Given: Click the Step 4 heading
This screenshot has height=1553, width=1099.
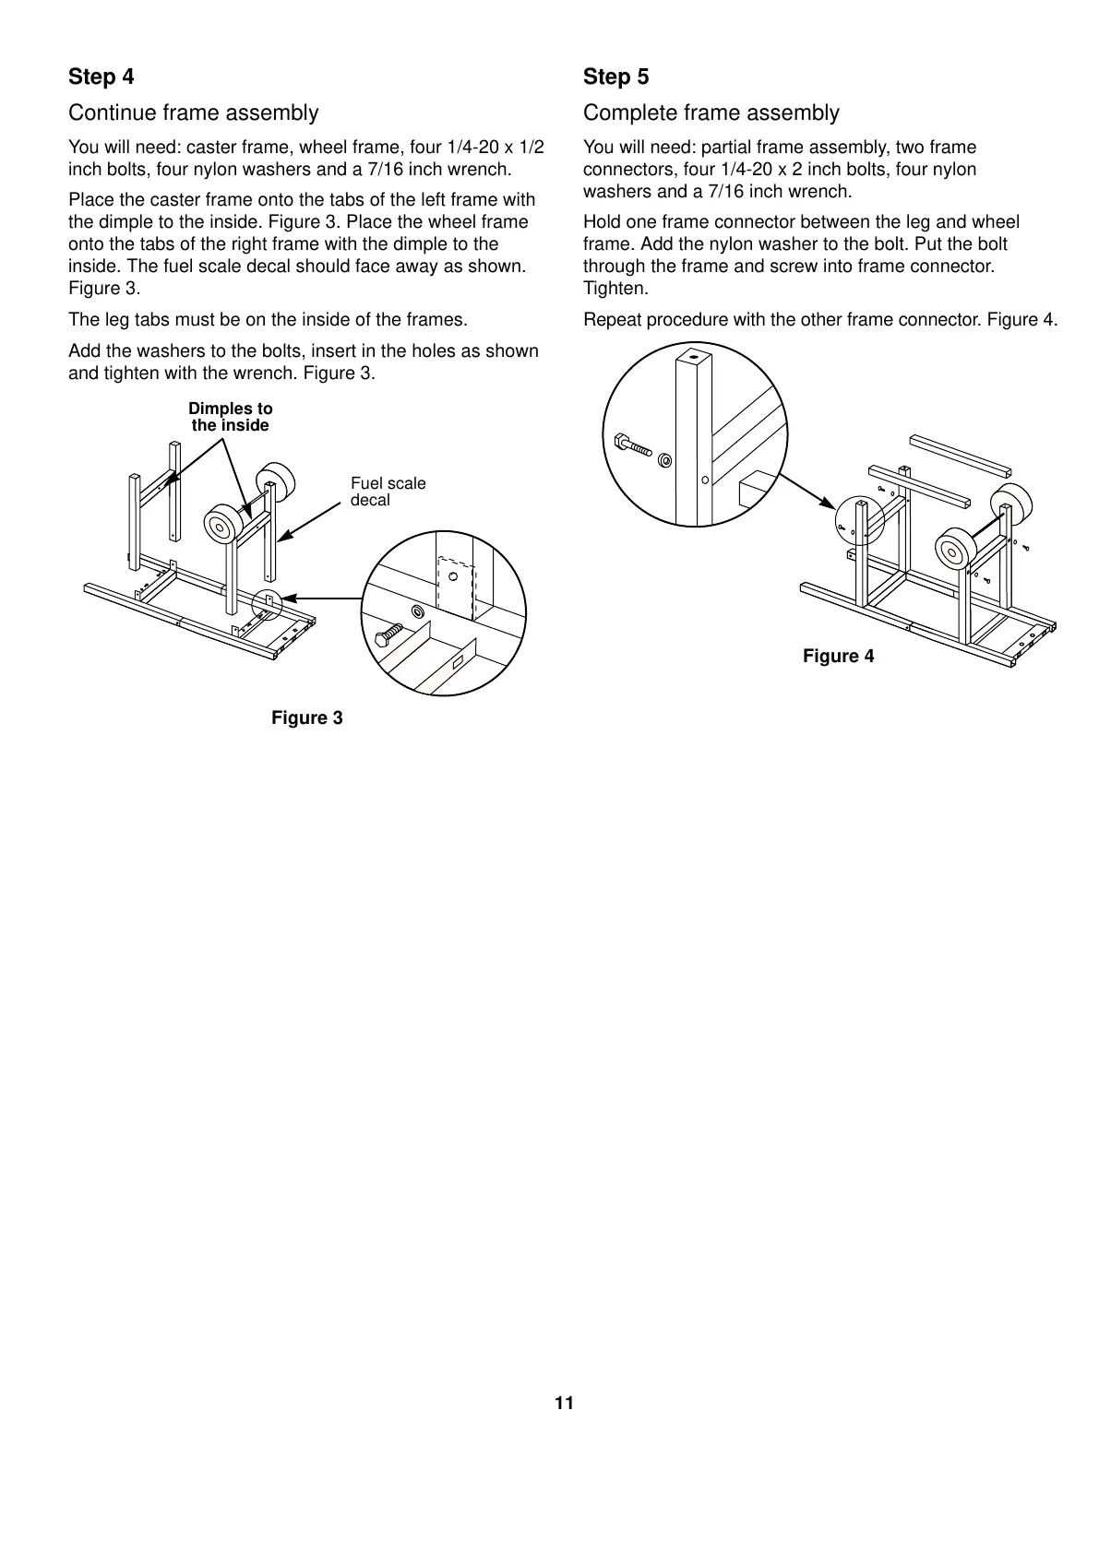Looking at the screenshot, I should pos(101,77).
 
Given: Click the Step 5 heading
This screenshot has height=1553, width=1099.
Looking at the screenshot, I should pos(615,77).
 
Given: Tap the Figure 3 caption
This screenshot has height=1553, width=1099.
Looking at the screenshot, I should pos(306,717).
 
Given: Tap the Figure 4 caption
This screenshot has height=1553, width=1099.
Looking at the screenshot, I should pos(838,656).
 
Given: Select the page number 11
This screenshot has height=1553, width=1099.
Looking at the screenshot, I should pos(564,1404).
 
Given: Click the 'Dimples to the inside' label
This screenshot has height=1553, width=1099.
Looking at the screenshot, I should pos(230,417).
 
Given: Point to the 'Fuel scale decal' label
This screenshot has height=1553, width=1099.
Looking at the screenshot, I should pos(388,492).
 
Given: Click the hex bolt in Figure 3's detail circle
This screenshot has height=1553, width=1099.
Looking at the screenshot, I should pos(388,635).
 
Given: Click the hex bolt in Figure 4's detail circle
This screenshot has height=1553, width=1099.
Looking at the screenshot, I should pos(632,445).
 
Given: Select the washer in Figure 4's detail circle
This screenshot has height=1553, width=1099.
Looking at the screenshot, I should pos(665,458).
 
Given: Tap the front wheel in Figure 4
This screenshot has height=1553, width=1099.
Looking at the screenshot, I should pos(954,551).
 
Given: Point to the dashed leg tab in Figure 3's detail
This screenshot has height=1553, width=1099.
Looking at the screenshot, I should pos(456,587).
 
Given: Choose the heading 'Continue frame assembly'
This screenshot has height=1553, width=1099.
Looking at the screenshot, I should pos(193,113).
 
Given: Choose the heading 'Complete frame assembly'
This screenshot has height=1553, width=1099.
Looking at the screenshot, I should pos(711,113).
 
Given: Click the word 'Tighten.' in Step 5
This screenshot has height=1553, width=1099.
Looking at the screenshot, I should pos(615,289).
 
